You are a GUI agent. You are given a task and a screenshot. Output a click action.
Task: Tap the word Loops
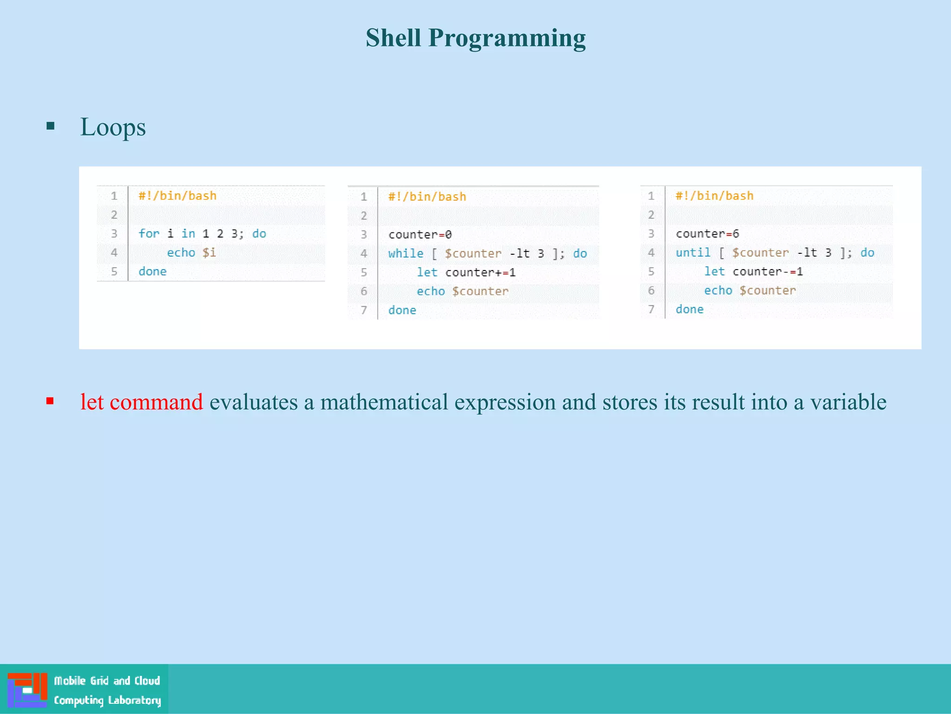[x=113, y=127]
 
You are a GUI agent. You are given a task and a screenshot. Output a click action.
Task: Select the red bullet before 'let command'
[x=50, y=401]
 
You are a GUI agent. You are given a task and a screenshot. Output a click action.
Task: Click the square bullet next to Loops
[x=51, y=126]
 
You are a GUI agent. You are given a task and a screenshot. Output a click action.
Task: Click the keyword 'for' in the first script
[x=149, y=233]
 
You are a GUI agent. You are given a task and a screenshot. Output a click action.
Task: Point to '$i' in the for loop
[x=209, y=252]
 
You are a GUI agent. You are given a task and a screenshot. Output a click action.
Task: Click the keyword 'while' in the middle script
[x=405, y=253]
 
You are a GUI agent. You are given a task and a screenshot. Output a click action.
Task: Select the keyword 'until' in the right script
[x=692, y=252]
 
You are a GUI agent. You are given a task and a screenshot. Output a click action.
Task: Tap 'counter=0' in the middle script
[x=420, y=234]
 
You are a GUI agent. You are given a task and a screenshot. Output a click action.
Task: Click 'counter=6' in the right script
[x=707, y=233]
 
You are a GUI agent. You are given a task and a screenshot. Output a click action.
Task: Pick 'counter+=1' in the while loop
[x=480, y=272]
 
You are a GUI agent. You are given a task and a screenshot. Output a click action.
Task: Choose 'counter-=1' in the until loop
[x=767, y=271]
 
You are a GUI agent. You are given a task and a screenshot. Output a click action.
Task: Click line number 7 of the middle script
[x=364, y=310]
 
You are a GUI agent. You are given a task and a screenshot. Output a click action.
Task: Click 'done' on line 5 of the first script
[x=152, y=271]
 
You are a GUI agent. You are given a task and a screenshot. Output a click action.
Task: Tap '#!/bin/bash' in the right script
[x=714, y=196]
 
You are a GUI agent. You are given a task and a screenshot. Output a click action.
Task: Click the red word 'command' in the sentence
[x=156, y=402]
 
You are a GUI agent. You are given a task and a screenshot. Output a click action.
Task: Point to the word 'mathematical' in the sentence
[x=384, y=402]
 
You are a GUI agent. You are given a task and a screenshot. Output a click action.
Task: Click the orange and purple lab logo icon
[x=27, y=689]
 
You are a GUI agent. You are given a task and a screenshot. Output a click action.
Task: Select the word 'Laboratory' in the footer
[x=134, y=700]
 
